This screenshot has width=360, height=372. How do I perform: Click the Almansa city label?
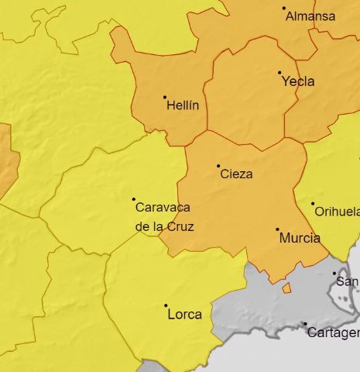click(x=310, y=16)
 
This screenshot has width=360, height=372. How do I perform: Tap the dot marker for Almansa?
click(x=284, y=9)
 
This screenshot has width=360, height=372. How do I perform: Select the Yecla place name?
click(x=298, y=81)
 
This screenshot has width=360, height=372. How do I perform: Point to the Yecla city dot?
click(x=279, y=73)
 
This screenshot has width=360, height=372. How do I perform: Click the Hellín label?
click(x=183, y=105)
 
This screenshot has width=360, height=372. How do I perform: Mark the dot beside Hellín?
click(x=165, y=97)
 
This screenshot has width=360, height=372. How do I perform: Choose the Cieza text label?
click(x=236, y=174)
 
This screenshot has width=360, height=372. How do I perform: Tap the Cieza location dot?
click(x=218, y=166)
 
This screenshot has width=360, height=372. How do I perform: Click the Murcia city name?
click(x=299, y=238)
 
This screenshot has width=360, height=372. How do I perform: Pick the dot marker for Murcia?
click(x=277, y=229)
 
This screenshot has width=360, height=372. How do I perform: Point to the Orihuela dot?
click(x=314, y=204)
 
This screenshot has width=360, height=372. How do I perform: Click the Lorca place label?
click(x=184, y=314)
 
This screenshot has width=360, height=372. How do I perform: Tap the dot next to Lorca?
click(x=166, y=305)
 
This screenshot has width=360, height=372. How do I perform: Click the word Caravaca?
click(x=163, y=208)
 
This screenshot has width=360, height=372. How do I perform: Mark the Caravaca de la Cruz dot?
click(x=133, y=199)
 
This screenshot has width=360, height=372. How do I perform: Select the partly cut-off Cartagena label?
click(x=334, y=333)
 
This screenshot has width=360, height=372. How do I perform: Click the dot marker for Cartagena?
click(x=305, y=324)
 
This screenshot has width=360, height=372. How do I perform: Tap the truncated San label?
click(x=348, y=281)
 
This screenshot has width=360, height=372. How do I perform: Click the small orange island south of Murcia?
click(x=286, y=288)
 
